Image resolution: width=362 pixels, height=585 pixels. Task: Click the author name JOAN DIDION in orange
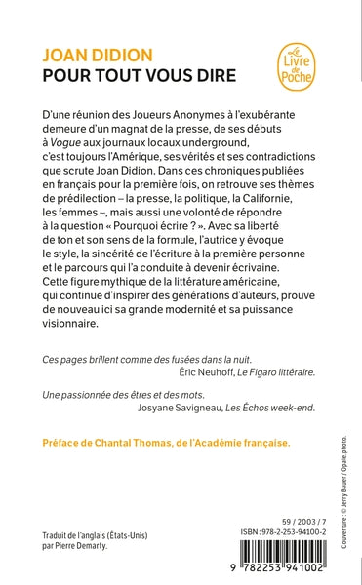tap(94, 56)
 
